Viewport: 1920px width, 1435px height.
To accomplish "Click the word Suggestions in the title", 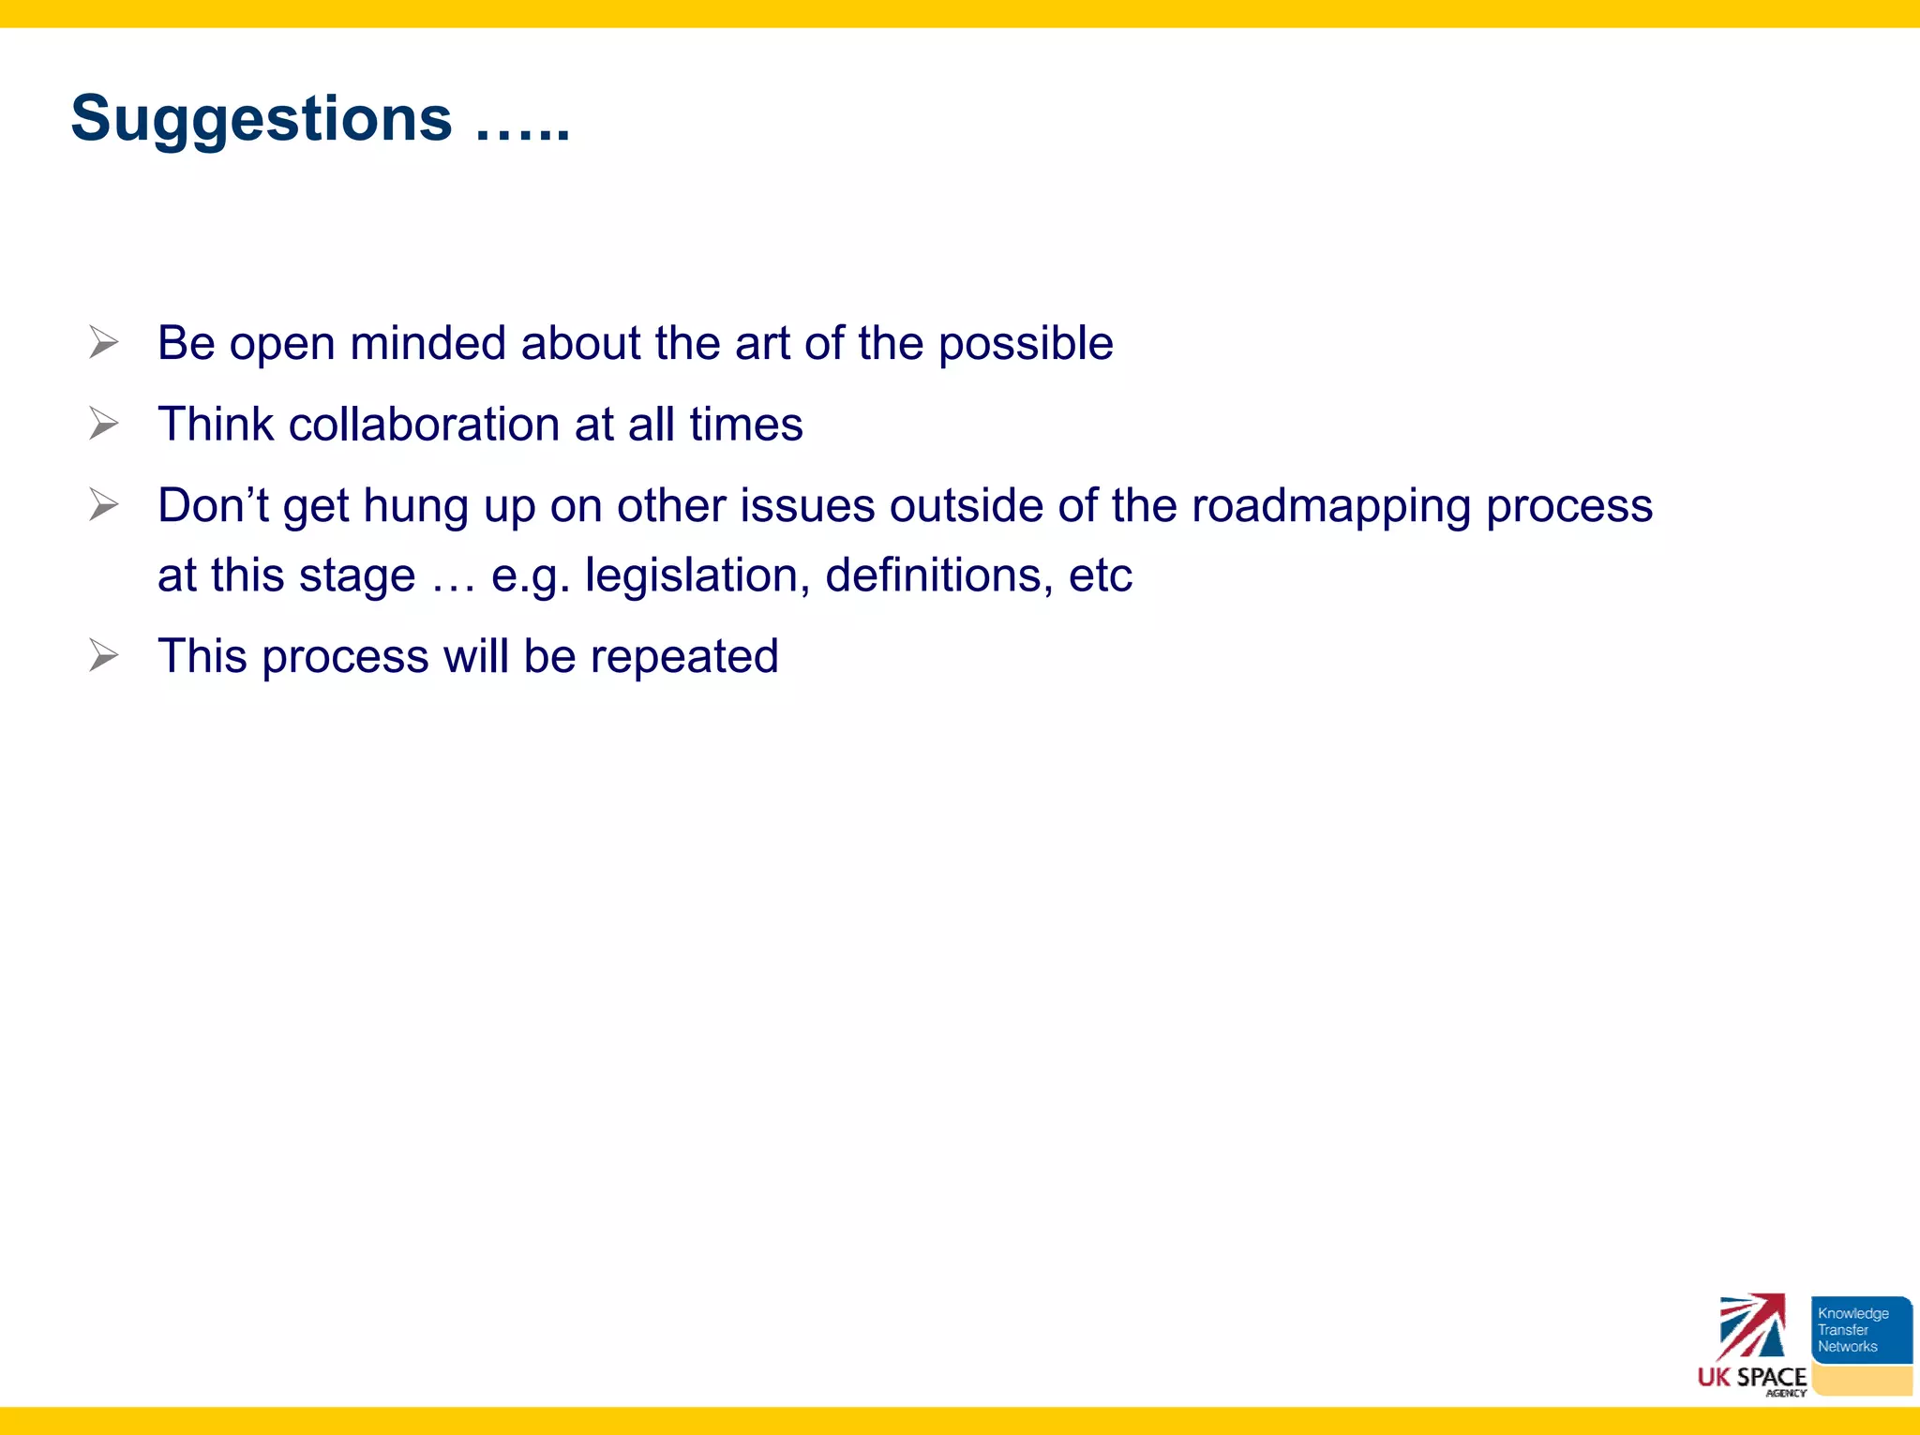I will coord(261,120).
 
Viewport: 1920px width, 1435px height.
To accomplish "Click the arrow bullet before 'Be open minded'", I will coord(104,342).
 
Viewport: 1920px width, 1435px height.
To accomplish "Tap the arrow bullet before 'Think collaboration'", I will coord(104,424).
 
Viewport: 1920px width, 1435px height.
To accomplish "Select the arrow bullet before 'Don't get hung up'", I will coord(104,504).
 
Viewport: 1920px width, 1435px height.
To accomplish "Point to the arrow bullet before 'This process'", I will coord(104,655).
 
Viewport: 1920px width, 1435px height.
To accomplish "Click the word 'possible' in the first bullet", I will coord(1026,344).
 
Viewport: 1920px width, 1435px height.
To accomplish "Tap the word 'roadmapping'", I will coord(1331,507).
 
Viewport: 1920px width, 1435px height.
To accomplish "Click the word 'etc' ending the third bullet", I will coord(1100,575).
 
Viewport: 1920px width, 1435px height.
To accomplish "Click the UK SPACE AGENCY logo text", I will coord(1751,1378).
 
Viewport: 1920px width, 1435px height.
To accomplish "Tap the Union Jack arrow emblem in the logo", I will coord(1751,1325).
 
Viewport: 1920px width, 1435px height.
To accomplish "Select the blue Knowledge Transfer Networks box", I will coord(1860,1329).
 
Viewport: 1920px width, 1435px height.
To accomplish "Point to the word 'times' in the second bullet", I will coord(745,425).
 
